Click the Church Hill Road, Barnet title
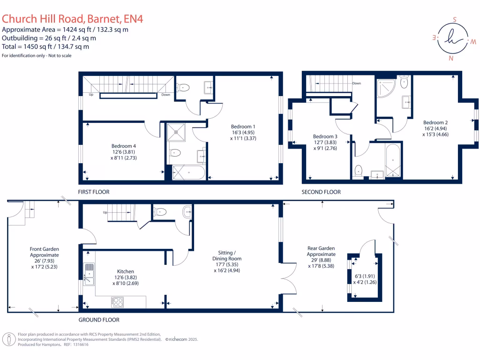pos(73,19)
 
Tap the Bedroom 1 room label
pos(243,127)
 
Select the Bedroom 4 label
pos(123,146)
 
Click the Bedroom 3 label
pos(325,136)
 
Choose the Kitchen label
pos(126,271)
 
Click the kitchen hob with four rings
pos(117,302)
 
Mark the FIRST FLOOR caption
pos(94,192)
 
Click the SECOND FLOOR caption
pos(321,192)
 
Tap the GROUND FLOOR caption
pos(99,320)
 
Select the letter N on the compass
pos(451,59)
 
